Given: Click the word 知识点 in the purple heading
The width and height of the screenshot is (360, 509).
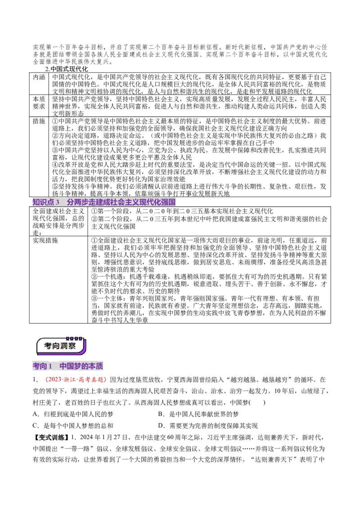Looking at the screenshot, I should pos(43,202).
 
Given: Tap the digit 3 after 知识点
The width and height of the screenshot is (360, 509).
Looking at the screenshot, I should pos(58,202).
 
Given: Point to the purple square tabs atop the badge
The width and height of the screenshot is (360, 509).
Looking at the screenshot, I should pos(74,338).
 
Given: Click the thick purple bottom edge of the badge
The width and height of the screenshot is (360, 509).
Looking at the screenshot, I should pos(63,354).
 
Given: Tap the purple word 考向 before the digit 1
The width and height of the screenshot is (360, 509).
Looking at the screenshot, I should pos(40,366).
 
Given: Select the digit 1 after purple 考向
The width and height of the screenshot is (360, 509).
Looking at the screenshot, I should pos(50,366).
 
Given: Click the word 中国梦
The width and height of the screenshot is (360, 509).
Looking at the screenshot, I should pos(70,366).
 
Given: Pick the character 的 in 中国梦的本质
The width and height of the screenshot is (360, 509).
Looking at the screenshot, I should pos(85,366).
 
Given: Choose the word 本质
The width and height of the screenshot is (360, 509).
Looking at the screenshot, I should pos(96,366).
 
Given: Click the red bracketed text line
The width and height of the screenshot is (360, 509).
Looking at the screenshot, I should pos(76,380).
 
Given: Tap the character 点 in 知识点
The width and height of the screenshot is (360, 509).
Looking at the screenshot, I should pos(51,202).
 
